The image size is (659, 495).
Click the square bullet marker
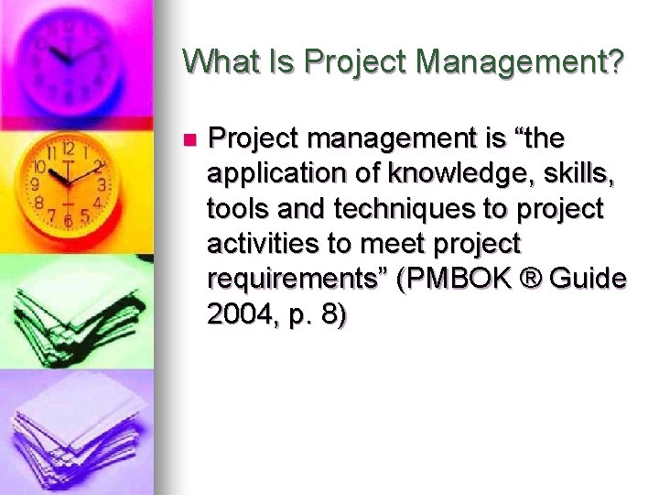[x=189, y=140]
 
